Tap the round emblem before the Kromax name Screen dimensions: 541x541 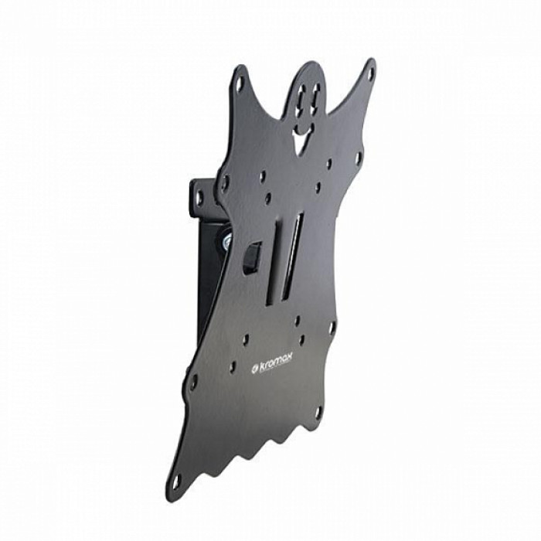tap(253, 371)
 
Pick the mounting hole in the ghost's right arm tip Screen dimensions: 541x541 tap(370, 73)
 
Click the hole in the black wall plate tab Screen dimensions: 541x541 tap(199, 196)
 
